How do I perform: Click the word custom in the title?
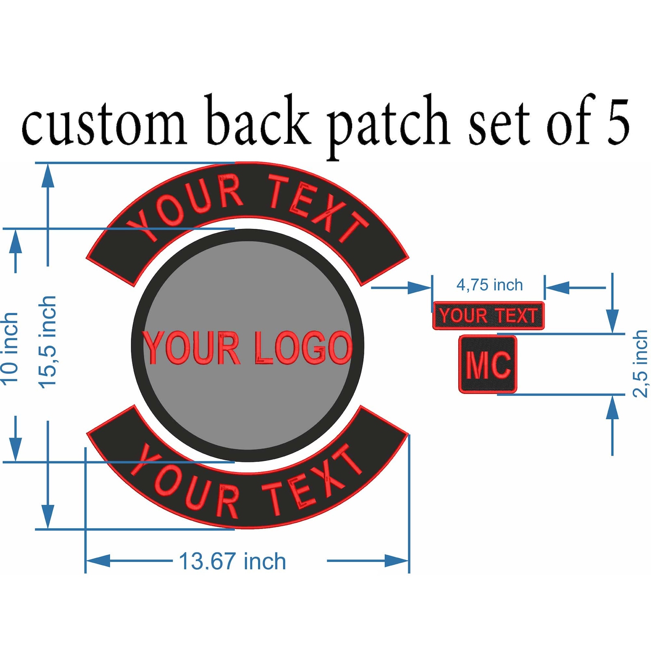click(105, 123)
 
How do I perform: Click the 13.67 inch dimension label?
click(232, 561)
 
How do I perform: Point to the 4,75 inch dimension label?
click(489, 285)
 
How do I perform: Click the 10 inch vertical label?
click(10, 349)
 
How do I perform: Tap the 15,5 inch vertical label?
click(47, 342)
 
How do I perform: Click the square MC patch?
click(488, 364)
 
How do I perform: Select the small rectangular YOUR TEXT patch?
click(488, 315)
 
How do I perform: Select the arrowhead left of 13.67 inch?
click(98, 561)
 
